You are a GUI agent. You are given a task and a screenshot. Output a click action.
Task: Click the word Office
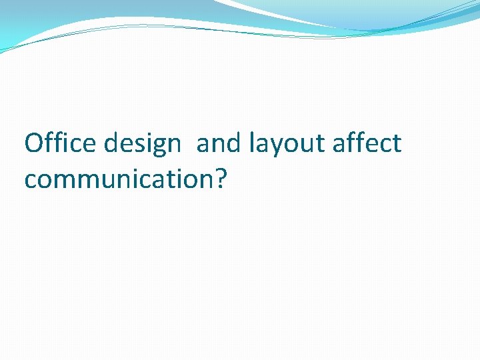pos(57,143)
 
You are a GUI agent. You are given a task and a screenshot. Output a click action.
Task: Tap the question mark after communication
pos(221,177)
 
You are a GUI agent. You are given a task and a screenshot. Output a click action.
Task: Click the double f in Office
pos(51,143)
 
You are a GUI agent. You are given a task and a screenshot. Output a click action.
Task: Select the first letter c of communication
pos(30,179)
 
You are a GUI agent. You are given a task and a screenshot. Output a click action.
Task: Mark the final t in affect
pos(397,144)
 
